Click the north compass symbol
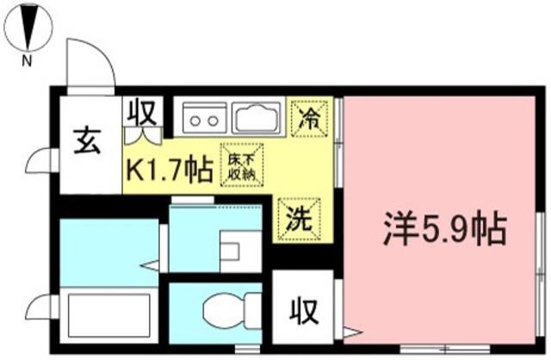[29, 27]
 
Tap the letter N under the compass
[27, 61]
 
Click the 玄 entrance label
[87, 141]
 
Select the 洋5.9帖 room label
[445, 229]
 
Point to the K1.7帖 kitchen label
[170, 171]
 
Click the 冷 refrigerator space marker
[309, 118]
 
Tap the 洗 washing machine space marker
[299, 220]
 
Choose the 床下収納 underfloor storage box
[242, 164]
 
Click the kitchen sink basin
[257, 118]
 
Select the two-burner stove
[204, 118]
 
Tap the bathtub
[108, 315]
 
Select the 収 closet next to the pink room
[303, 311]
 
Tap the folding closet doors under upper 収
[143, 136]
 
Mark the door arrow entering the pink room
[352, 332]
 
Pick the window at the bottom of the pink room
[445, 349]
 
